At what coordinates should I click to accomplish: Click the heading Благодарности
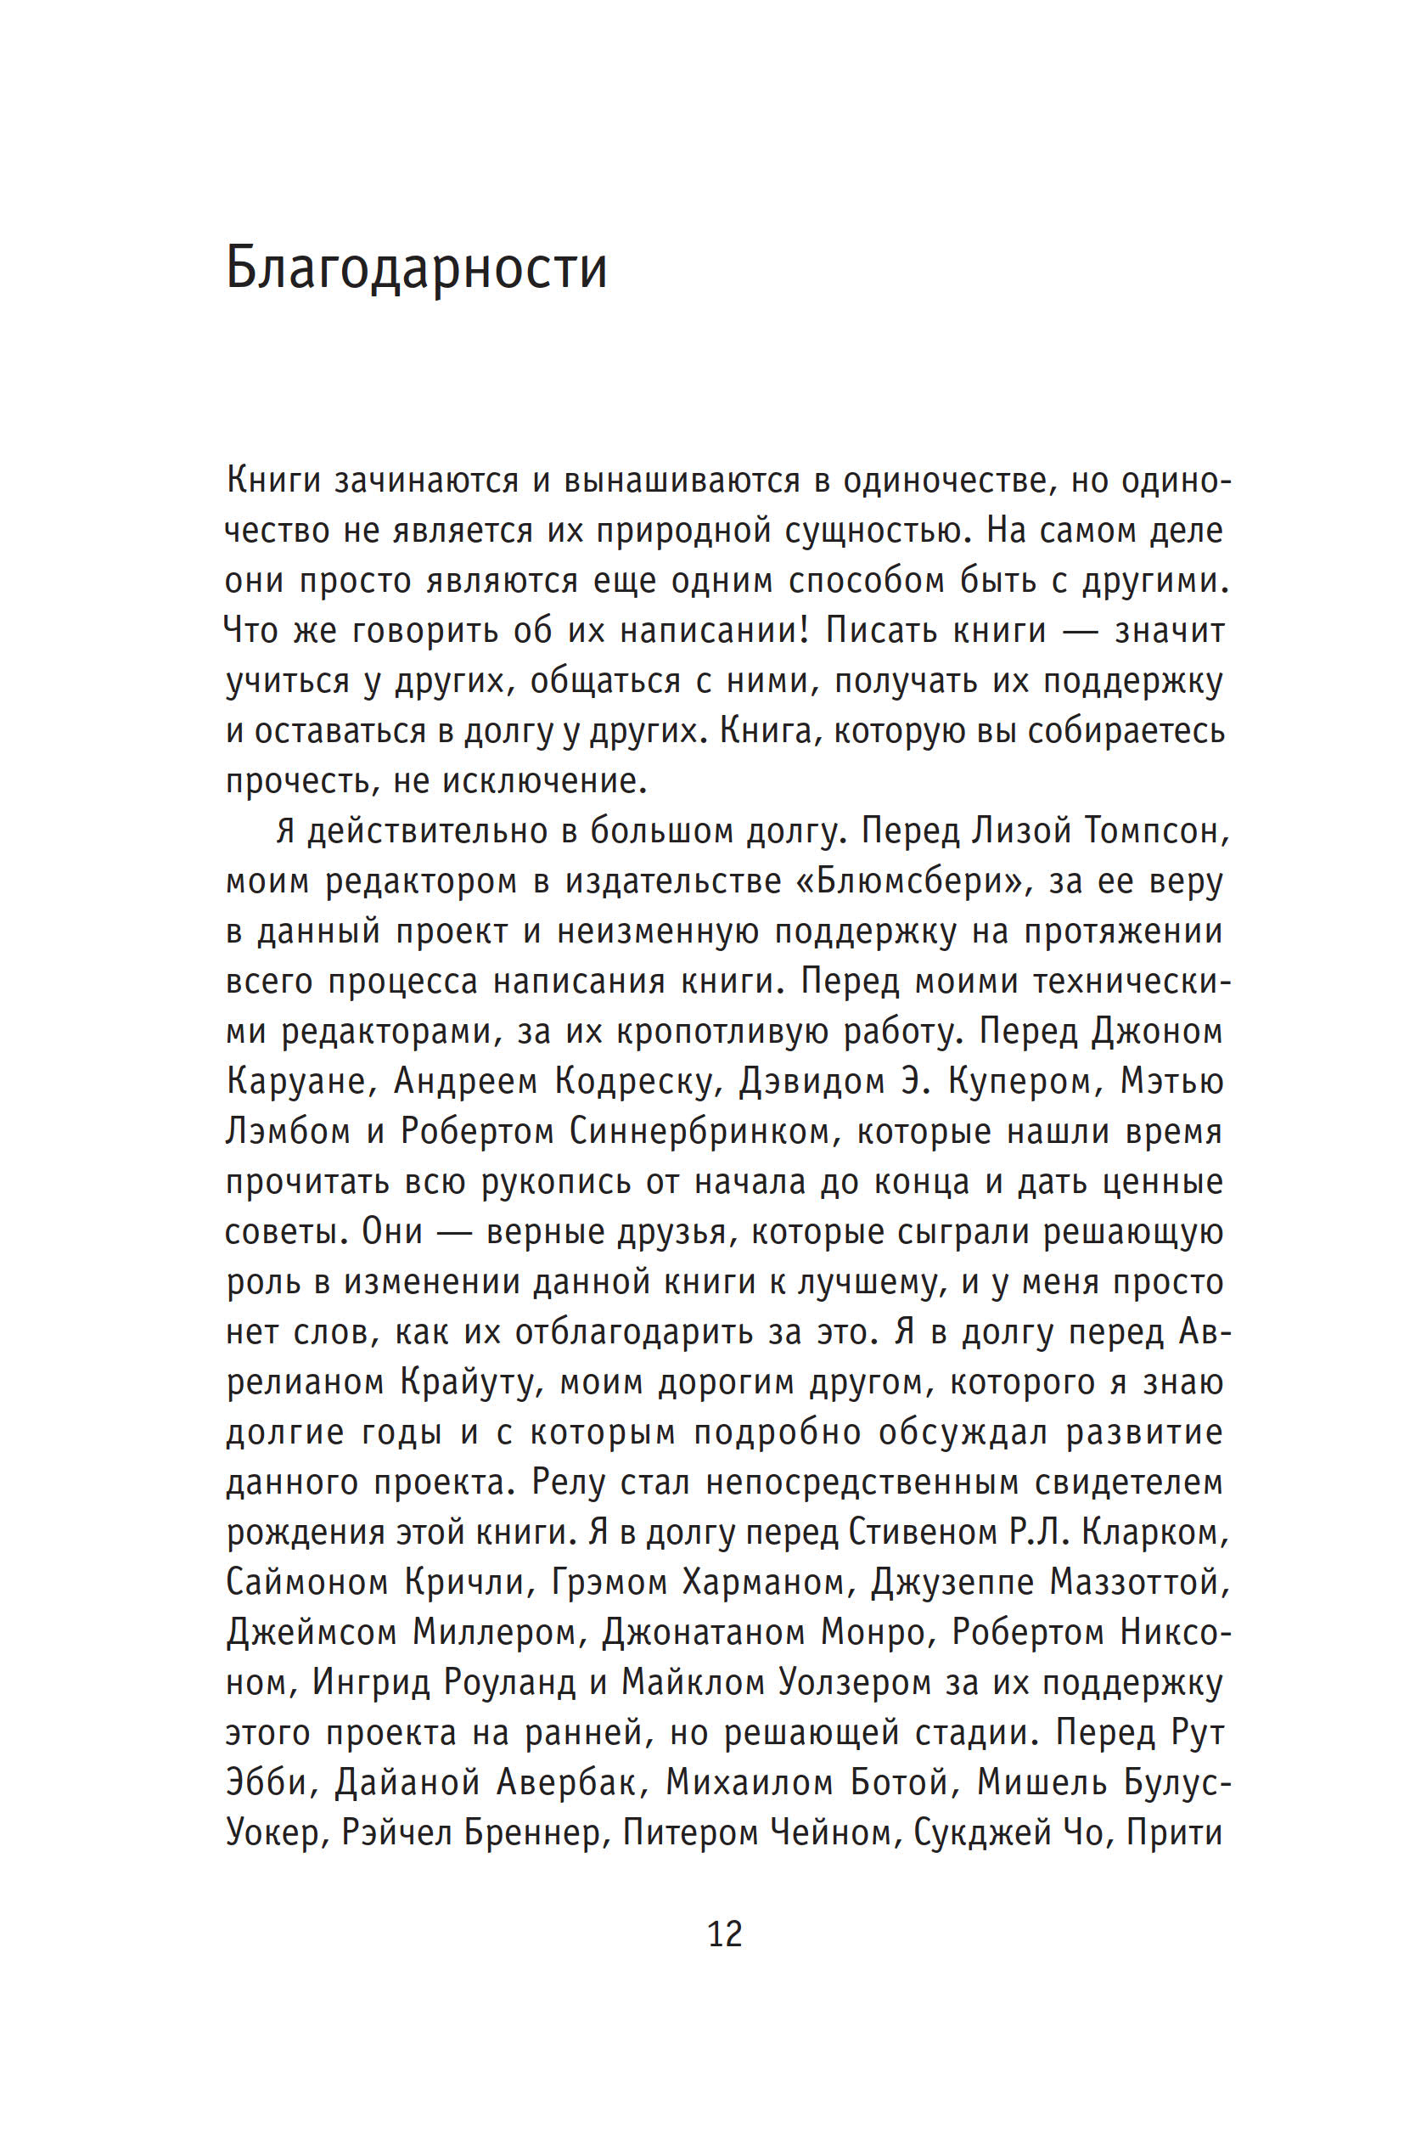[x=416, y=269]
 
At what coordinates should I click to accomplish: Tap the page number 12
[x=724, y=1934]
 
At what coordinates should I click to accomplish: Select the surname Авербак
[x=567, y=1782]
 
